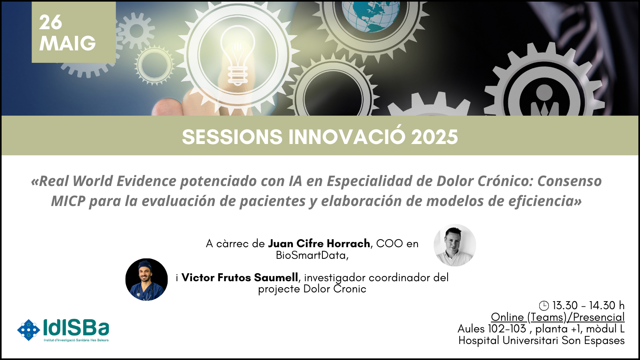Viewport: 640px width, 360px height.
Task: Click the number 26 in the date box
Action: click(x=50, y=22)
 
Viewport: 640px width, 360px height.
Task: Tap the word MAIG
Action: click(x=68, y=44)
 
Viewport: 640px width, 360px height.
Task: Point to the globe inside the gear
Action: click(x=371, y=16)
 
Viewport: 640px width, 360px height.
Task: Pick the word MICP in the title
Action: click(x=68, y=201)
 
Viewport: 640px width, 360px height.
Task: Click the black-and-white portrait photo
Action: click(x=455, y=245)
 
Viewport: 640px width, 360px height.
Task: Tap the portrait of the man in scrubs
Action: click(x=146, y=280)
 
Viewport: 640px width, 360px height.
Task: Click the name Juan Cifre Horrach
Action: click(x=319, y=244)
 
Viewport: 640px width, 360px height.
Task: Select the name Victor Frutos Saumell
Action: click(x=240, y=278)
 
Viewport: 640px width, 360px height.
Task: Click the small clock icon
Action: click(x=544, y=306)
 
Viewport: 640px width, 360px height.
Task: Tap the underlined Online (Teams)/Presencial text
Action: click(x=558, y=317)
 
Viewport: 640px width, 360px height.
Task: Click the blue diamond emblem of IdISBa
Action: click(x=28, y=330)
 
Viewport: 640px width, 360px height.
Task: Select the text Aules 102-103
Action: click(x=492, y=329)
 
